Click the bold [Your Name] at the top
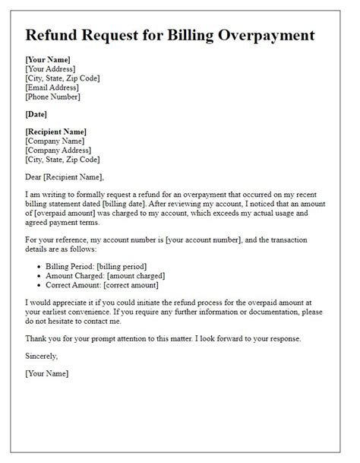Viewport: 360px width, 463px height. [x=48, y=59]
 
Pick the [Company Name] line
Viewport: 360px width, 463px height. [x=55, y=141]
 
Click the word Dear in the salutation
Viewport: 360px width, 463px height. [x=36, y=178]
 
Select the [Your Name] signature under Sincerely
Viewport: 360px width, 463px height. [x=47, y=373]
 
